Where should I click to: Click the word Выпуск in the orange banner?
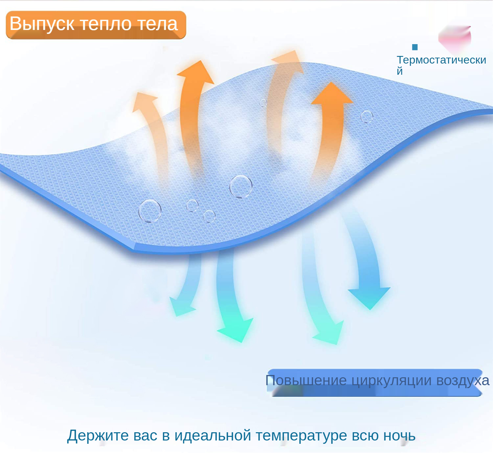click(x=42, y=24)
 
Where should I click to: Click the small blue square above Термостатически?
click(x=415, y=47)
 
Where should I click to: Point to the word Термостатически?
click(x=441, y=60)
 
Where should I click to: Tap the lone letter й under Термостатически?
click(x=400, y=70)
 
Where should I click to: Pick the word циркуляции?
click(x=391, y=381)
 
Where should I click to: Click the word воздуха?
click(x=463, y=381)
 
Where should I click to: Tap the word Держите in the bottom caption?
click(x=98, y=435)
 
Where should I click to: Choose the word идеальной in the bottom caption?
click(x=213, y=435)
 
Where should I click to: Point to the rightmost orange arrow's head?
click(x=332, y=93)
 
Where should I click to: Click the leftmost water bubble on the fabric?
click(x=150, y=211)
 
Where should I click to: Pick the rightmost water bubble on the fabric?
click(x=367, y=117)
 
